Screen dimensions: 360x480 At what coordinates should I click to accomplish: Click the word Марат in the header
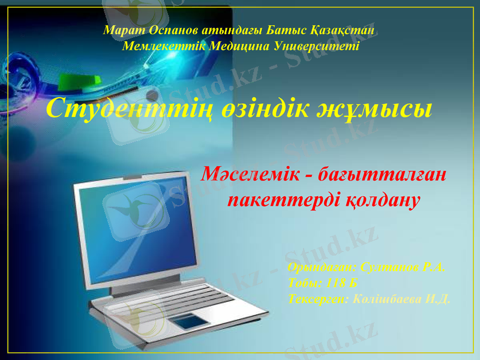tap(120, 29)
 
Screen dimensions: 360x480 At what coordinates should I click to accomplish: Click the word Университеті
tap(316, 46)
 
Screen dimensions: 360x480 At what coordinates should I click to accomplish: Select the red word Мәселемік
tap(247, 175)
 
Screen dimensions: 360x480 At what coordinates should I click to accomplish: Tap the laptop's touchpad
tap(193, 321)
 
